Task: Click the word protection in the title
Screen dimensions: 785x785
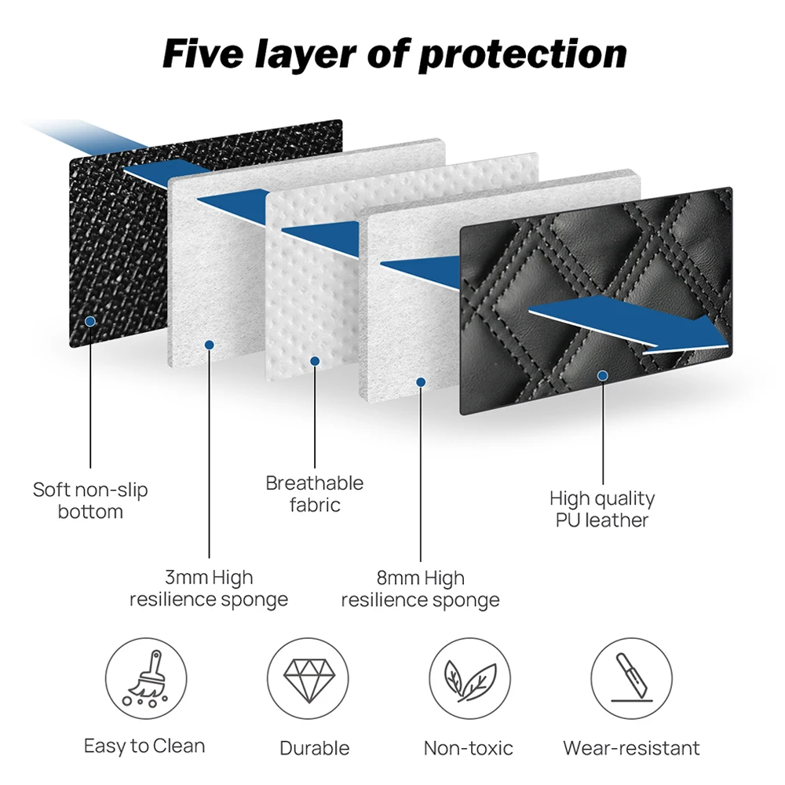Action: click(522, 56)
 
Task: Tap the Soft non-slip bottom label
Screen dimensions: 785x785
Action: click(90, 500)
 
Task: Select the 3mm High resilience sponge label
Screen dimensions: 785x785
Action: click(209, 588)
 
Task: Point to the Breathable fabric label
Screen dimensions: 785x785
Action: click(315, 494)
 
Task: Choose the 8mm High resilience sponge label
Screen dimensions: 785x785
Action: click(421, 588)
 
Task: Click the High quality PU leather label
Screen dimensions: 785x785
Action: click(602, 509)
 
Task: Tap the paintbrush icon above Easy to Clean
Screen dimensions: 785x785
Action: click(146, 678)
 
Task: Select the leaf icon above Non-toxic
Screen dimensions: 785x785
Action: click(470, 680)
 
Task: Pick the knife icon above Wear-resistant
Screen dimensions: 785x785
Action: click(631, 677)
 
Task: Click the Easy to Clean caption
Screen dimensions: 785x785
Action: click(144, 746)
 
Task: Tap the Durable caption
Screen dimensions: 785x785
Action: click(315, 748)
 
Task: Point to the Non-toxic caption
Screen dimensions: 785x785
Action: click(468, 748)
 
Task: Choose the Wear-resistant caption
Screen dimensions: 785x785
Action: click(631, 748)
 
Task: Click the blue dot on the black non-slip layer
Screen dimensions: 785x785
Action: click(90, 321)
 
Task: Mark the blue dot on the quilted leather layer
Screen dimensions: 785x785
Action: click(603, 375)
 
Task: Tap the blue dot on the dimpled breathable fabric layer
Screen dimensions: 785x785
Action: click(315, 361)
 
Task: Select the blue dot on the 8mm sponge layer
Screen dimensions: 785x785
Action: click(421, 382)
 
